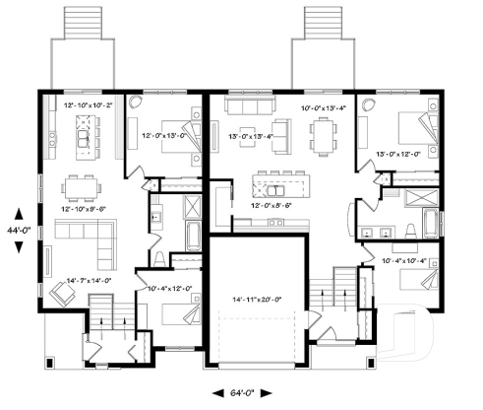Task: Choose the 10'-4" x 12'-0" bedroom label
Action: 168,289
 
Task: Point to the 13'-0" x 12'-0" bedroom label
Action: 396,154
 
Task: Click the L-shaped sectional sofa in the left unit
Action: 80,236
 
